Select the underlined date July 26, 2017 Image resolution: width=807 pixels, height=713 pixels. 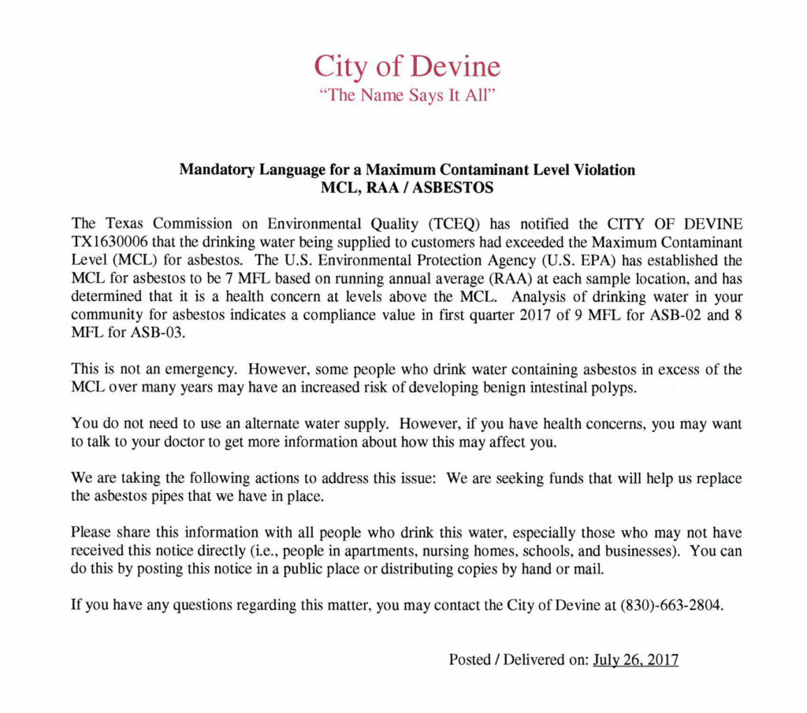tap(635, 660)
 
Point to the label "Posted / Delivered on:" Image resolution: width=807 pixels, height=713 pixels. tap(519, 660)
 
